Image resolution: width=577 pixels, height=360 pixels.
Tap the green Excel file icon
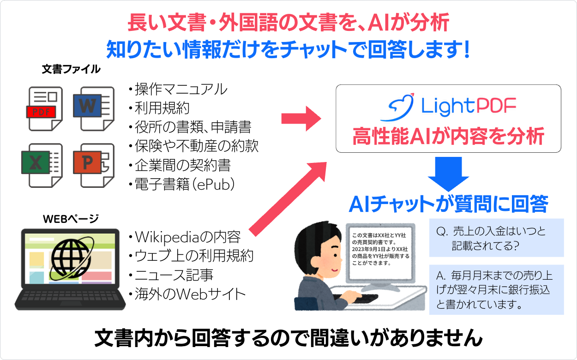(x=42, y=165)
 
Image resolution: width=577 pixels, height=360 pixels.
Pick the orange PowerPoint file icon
(x=92, y=165)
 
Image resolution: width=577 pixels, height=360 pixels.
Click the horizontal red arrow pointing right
(x=301, y=119)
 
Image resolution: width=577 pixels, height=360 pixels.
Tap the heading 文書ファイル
(x=70, y=69)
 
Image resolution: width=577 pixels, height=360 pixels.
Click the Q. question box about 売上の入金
(x=496, y=238)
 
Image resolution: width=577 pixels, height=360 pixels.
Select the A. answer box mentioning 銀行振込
(x=496, y=290)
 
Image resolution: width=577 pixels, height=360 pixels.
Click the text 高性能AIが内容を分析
(x=448, y=137)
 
